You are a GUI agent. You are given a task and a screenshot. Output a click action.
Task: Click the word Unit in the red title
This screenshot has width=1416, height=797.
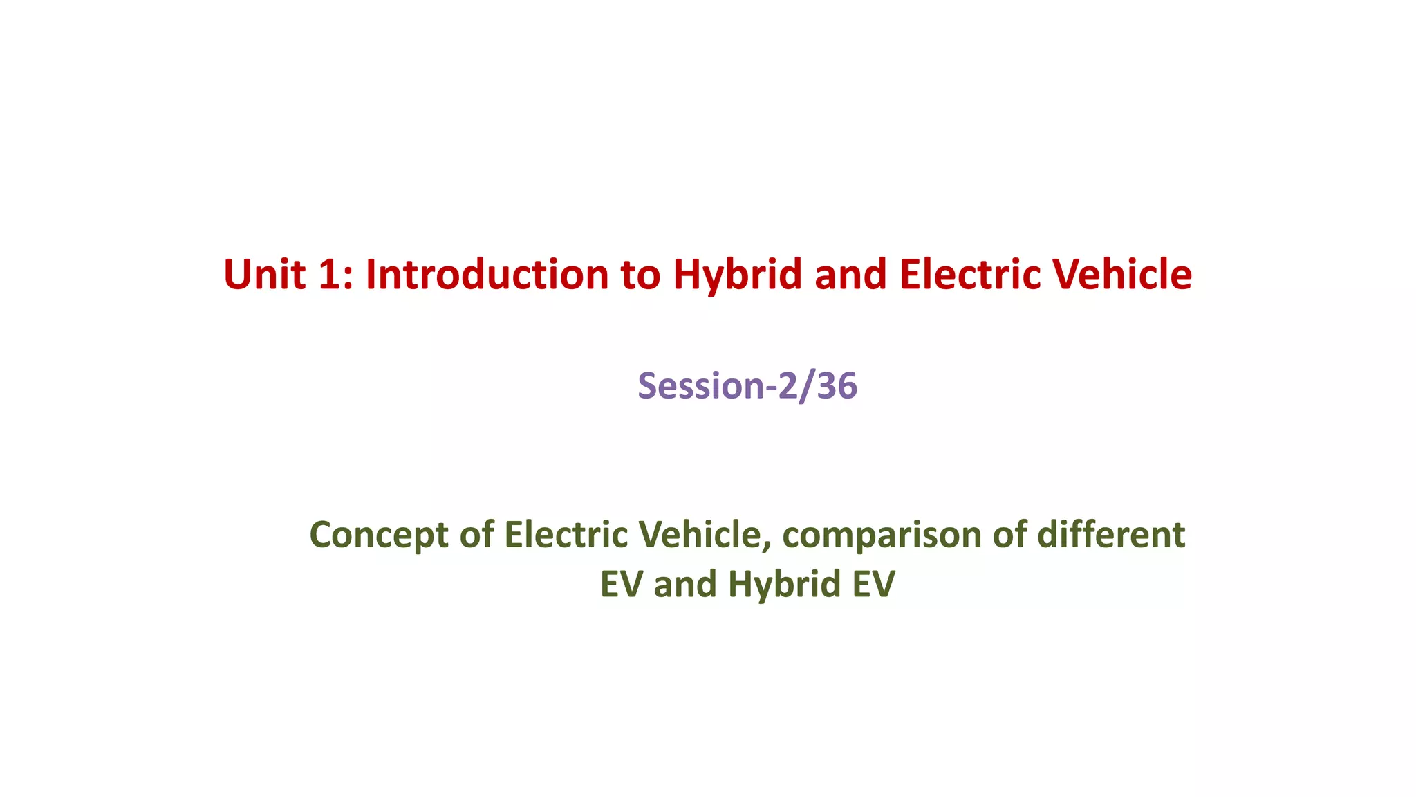click(x=264, y=275)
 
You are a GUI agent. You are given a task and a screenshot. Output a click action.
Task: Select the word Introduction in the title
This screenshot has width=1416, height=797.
click(x=487, y=275)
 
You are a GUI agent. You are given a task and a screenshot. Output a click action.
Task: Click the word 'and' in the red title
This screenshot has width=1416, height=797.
click(x=850, y=275)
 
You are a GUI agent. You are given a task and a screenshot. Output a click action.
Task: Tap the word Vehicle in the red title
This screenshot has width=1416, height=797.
click(x=1122, y=275)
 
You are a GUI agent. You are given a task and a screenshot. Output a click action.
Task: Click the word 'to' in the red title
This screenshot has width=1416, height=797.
click(x=640, y=275)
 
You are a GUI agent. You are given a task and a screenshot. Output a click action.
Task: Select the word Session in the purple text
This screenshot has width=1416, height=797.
click(x=700, y=385)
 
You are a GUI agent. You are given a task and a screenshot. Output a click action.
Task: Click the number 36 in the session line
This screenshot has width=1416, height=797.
click(x=837, y=385)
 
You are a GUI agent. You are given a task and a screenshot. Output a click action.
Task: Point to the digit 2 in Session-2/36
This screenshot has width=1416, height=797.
click(x=788, y=385)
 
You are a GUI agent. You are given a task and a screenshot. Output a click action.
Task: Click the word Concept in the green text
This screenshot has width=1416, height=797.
click(x=379, y=535)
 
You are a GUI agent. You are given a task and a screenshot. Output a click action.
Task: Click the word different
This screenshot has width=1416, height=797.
click(x=1110, y=535)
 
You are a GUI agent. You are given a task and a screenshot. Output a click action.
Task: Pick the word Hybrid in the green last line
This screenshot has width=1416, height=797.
click(x=784, y=585)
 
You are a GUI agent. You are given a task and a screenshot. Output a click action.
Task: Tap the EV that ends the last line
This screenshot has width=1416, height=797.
click(x=873, y=585)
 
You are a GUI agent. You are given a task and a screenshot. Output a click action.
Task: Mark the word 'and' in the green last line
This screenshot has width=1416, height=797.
click(x=684, y=585)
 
